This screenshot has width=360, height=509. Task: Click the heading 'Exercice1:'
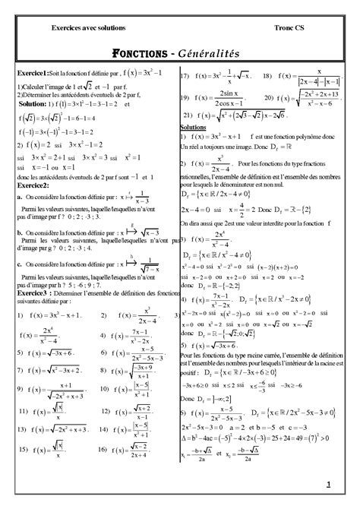click(x=33, y=71)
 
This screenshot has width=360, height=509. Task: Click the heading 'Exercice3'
click(x=33, y=291)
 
